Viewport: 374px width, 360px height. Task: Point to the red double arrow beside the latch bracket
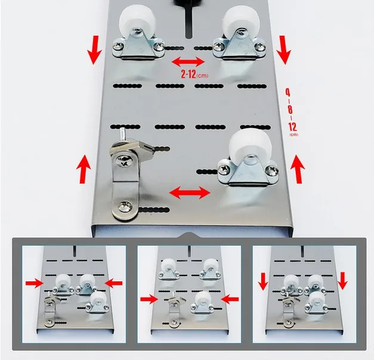tap(189, 192)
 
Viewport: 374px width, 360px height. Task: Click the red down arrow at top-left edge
tap(94, 54)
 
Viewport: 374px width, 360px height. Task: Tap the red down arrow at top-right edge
tap(283, 54)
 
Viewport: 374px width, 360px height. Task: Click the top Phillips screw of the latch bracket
tap(126, 159)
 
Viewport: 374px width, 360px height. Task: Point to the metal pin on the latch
tap(121, 135)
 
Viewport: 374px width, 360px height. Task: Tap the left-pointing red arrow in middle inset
tap(231, 297)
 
